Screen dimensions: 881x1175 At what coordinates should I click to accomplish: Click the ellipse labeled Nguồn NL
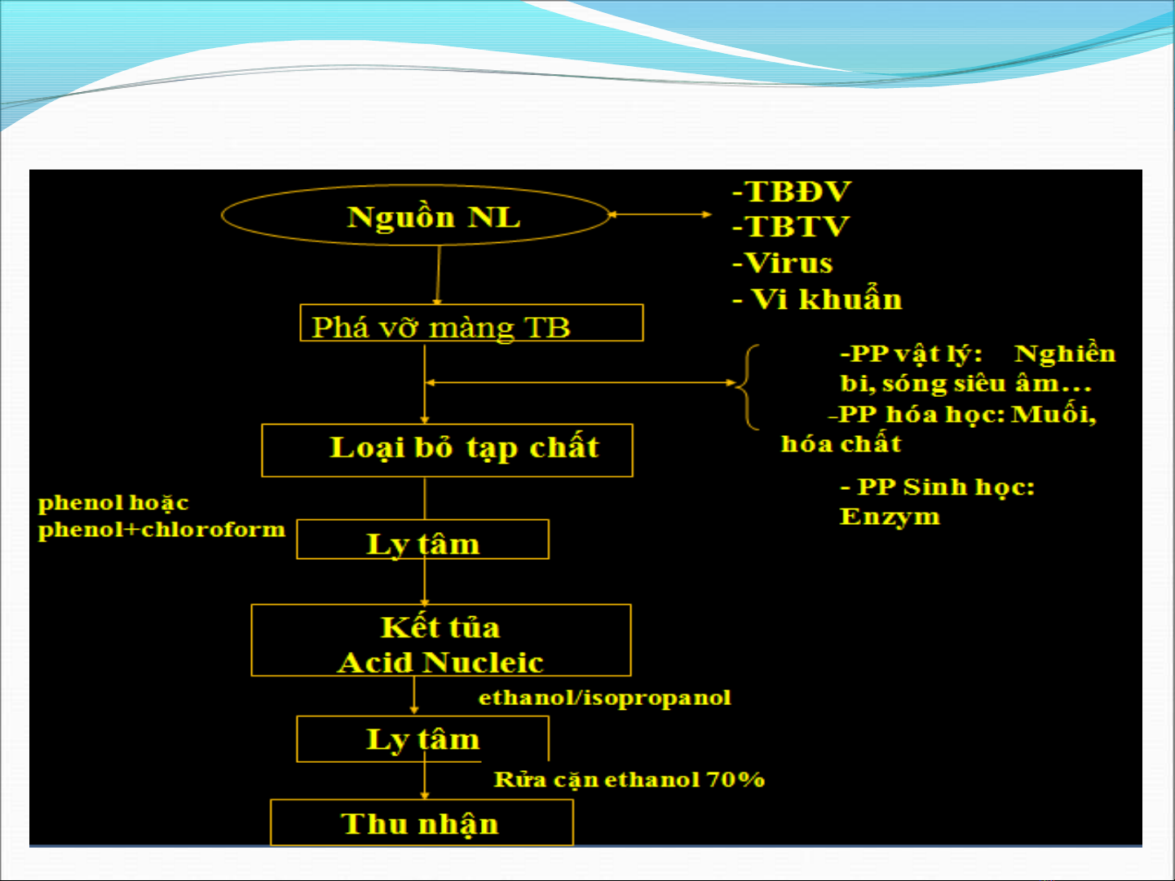(x=416, y=216)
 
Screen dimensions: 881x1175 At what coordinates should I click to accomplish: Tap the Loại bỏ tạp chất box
(x=447, y=450)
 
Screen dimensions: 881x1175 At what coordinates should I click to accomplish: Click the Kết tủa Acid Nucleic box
(x=440, y=641)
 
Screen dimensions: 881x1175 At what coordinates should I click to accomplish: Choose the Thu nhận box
(x=421, y=823)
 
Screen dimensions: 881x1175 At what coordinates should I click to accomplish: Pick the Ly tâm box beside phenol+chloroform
(x=422, y=540)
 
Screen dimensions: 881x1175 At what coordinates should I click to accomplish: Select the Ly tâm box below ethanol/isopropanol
(x=422, y=738)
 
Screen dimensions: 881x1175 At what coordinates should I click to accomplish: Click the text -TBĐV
(x=792, y=192)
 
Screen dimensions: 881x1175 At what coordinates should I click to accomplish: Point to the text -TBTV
(x=791, y=227)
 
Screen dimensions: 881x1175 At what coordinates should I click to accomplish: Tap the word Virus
(x=788, y=263)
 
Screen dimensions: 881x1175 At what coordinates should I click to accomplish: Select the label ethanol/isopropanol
(x=604, y=698)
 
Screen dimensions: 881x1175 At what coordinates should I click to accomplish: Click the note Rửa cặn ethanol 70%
(x=629, y=780)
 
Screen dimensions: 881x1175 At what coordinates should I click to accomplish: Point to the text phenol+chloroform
(x=161, y=530)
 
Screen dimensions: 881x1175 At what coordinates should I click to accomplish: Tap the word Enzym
(x=890, y=517)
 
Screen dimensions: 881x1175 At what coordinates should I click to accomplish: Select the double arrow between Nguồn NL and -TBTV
(x=660, y=214)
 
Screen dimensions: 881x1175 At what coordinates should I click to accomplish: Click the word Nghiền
(x=1064, y=354)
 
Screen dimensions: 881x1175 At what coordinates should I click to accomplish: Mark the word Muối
(x=1053, y=415)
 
